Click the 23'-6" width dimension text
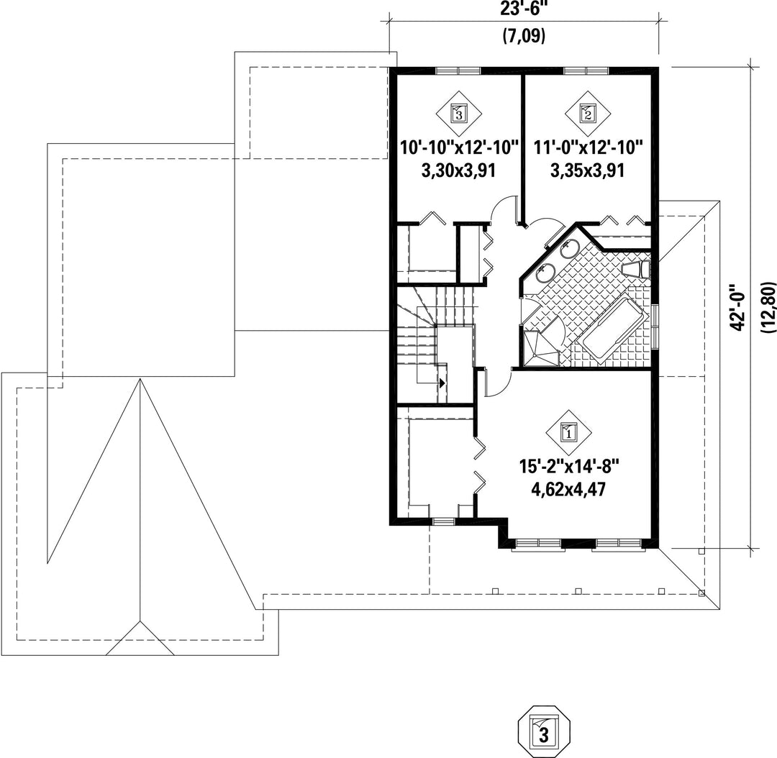click(524, 9)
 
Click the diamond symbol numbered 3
click(459, 114)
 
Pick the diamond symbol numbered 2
click(587, 114)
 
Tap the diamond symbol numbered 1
click(569, 432)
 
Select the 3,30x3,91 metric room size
click(458, 170)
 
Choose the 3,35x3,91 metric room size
click(587, 170)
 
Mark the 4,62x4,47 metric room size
click(569, 490)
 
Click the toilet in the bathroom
click(636, 270)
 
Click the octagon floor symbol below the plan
click(544, 732)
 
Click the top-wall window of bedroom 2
click(586, 71)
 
